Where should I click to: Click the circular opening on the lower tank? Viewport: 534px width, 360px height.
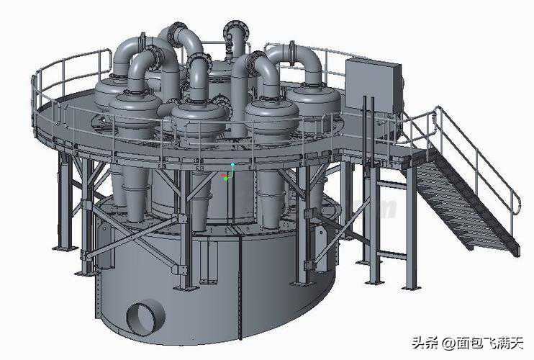[146, 318]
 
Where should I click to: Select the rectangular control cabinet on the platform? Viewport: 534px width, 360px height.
[374, 86]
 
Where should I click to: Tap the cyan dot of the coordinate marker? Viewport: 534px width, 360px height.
[233, 164]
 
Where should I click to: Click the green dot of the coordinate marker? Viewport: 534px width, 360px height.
[225, 179]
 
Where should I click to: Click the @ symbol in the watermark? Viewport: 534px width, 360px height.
[448, 343]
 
